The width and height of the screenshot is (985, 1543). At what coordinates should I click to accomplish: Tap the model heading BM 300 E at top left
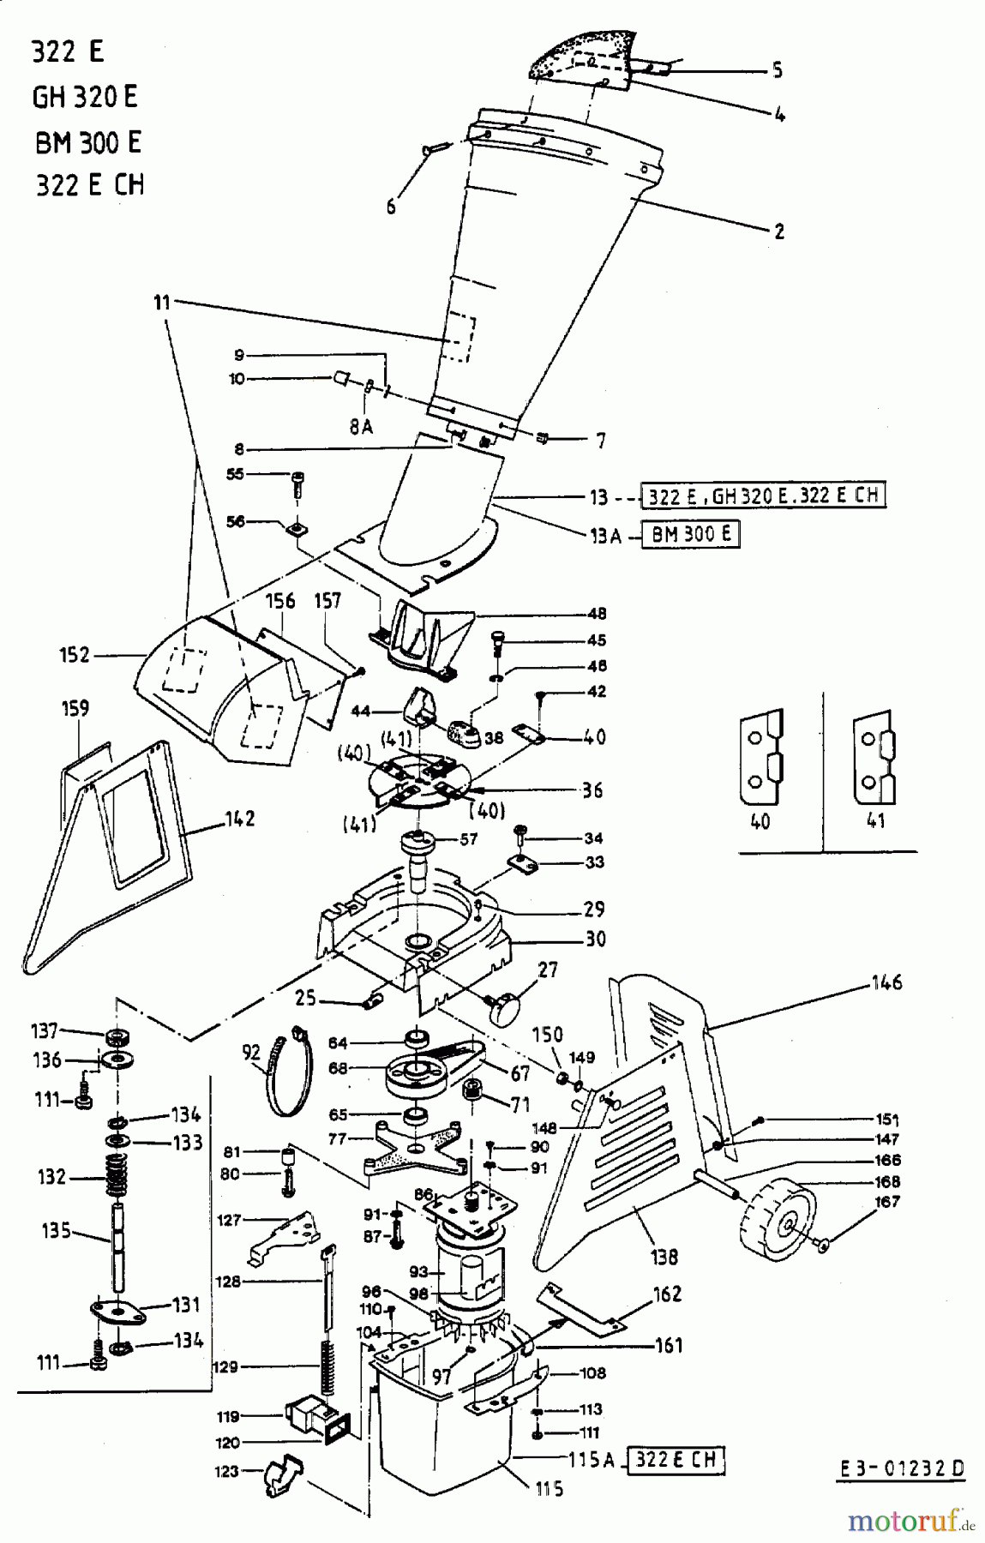coord(87,141)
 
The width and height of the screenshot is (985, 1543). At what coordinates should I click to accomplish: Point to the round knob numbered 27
coord(506,1005)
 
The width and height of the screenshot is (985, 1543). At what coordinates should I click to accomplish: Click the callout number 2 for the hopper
coord(778,231)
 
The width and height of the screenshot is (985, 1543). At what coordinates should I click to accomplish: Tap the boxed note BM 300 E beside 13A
coord(690,536)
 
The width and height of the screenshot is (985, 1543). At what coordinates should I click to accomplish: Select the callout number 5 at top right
coord(777,69)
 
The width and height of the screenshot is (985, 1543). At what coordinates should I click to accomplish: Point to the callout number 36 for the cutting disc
coord(593,790)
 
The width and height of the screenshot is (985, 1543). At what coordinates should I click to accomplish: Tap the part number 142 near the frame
coord(240,819)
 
